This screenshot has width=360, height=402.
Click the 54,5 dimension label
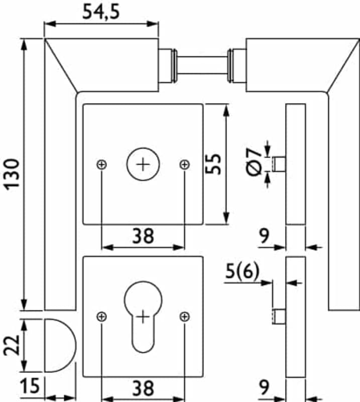click(101, 12)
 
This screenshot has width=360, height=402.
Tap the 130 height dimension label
click(12, 174)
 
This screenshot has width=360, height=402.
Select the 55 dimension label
click(213, 164)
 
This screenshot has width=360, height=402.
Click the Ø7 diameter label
click(254, 162)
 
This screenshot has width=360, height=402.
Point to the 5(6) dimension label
click(243, 271)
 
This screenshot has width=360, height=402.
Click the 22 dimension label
click(12, 345)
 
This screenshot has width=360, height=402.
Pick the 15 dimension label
click(30, 385)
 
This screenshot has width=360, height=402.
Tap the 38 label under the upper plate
click(143, 236)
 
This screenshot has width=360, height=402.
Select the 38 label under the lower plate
click(143, 388)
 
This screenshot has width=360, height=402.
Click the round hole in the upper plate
click(143, 164)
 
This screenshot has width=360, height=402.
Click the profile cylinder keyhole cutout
click(143, 317)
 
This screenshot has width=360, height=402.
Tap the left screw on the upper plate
click(102, 164)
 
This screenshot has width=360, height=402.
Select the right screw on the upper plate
click(185, 164)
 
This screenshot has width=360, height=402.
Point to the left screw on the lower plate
click(102, 317)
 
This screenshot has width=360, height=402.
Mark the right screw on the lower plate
click(185, 317)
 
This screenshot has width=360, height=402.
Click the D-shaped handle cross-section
click(60, 345)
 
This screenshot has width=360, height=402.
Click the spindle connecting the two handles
click(202, 65)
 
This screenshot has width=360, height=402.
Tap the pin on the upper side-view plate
click(279, 164)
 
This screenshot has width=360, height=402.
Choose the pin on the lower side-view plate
click(279, 317)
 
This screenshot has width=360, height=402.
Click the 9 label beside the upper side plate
click(264, 236)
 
